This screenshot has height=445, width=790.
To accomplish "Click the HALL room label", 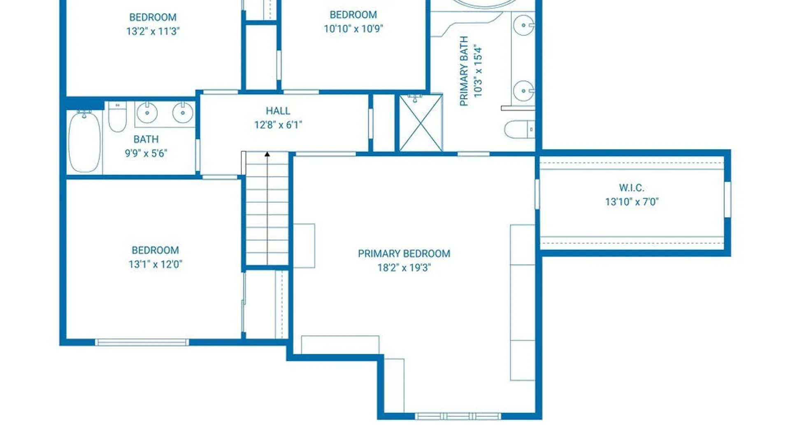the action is click(x=278, y=111).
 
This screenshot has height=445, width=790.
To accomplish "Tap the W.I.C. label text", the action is click(x=632, y=188).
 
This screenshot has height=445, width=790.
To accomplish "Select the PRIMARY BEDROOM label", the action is click(x=404, y=253).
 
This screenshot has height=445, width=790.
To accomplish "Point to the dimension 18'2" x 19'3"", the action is click(x=404, y=267).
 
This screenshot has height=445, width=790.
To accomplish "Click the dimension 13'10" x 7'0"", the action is click(x=632, y=201).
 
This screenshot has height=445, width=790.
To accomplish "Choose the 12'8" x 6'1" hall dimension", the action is click(x=278, y=124).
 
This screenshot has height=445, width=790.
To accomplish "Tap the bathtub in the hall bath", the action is click(x=84, y=141).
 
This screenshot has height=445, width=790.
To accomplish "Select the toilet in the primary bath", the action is click(x=520, y=129).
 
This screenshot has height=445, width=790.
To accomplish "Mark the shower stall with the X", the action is click(x=421, y=123).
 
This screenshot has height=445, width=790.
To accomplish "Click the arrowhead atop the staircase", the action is click(x=267, y=154).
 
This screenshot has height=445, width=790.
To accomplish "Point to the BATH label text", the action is click(x=146, y=139).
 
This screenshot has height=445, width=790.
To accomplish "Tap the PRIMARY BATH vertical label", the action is click(x=464, y=71).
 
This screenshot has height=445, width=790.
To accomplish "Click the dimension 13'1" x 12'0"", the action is click(x=155, y=264).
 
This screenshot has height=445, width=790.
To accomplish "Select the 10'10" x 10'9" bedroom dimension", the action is click(x=353, y=28).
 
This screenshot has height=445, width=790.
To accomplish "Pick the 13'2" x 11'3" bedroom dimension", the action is click(x=153, y=31).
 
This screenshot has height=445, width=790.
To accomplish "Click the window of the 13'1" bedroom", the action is click(x=142, y=342).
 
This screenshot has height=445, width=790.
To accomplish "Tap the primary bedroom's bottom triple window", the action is click(x=458, y=416).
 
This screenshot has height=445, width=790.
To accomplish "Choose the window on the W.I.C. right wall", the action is click(x=727, y=199).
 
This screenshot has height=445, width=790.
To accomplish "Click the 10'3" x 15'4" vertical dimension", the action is click(x=478, y=71).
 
